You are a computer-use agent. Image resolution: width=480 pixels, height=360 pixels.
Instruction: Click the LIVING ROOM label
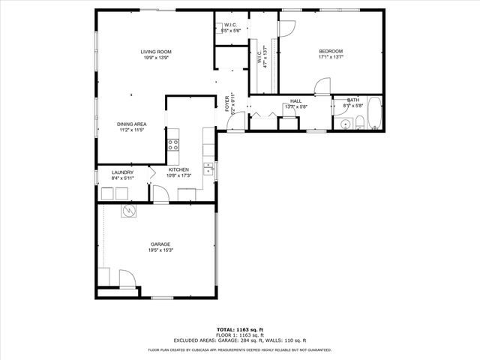coord(155,52)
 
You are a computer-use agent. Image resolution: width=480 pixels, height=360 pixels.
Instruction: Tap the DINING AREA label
coord(131,124)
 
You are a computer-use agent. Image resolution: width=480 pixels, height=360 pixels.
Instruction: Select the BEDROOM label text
coord(331,51)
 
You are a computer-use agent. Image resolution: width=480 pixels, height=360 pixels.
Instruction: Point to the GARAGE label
coord(160,244)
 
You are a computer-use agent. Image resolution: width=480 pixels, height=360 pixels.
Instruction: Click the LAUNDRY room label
coord(122,172)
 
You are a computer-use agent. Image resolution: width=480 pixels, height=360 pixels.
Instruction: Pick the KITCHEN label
coord(179,170)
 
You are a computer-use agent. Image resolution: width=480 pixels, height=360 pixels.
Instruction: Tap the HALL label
coord(295,101)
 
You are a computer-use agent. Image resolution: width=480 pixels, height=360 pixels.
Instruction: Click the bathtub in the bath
coord(374,115)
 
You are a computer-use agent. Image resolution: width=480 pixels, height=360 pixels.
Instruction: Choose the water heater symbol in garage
coord(128,211)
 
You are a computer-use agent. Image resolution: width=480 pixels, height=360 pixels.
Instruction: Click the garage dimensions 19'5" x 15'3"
coord(160,250)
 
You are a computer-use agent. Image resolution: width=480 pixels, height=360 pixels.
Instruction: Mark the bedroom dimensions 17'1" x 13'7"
coord(331,57)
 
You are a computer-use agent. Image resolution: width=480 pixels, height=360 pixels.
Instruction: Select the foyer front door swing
coord(235,122)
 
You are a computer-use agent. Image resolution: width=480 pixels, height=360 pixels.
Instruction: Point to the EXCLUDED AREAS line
coord(240,341)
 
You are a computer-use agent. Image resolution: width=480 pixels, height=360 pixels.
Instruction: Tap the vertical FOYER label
coord(227,104)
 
